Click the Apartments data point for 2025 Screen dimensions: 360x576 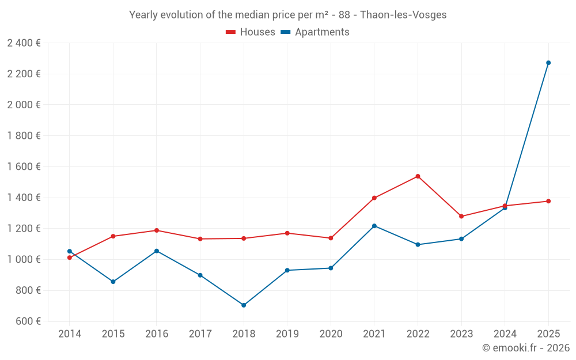point(548,63)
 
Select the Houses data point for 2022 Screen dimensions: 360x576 point(418,176)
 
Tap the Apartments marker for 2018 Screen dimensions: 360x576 point(244,305)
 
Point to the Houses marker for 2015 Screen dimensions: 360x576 point(113,236)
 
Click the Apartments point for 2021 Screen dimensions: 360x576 point(374,226)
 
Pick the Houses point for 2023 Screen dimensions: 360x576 point(461,217)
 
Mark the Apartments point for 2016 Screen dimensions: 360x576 point(157,251)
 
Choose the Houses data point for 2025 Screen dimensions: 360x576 point(548,201)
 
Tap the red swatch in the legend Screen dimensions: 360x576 point(231,32)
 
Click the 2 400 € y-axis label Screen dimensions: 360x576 point(24,43)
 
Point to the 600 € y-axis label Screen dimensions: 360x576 point(28,321)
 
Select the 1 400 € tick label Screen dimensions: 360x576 point(24,198)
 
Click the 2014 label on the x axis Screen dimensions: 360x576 point(70,334)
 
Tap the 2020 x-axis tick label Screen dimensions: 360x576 point(331,334)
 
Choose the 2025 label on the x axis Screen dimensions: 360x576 point(548,334)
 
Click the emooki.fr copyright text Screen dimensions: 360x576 point(525,348)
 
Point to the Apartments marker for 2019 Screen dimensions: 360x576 point(287,270)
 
